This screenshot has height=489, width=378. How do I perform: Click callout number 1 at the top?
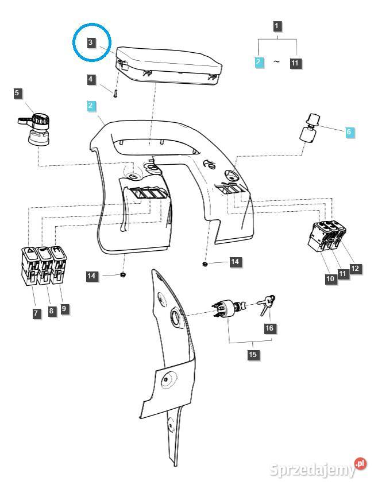click(277, 26)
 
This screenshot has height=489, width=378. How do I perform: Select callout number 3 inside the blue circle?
click(91, 42)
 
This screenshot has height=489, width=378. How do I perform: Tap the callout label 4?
click(91, 80)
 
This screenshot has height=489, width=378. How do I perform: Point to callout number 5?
click(18, 92)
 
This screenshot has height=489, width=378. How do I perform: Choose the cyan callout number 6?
click(349, 132)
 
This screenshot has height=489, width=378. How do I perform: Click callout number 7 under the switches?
click(36, 313)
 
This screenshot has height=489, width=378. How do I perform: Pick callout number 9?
click(64, 308)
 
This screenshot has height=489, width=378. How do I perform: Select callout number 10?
click(330, 279)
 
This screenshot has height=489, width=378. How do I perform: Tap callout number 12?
click(356, 268)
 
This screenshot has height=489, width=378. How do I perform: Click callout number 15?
click(253, 355)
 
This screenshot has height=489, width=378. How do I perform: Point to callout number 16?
click(269, 328)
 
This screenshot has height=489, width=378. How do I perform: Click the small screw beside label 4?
click(115, 92)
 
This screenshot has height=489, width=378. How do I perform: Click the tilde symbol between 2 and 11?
click(276, 62)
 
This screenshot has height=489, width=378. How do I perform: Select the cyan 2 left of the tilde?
click(259, 63)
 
